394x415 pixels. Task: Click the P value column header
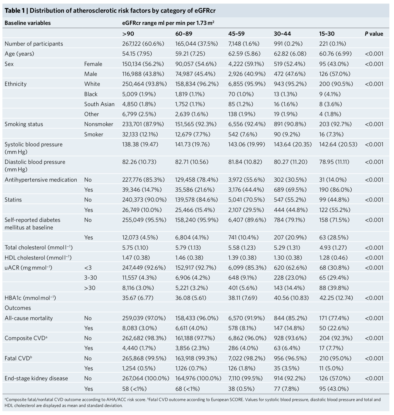(374, 34)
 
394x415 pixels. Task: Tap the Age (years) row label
(19, 54)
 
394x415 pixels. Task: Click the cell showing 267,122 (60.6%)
(143, 44)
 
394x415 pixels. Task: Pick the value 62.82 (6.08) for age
(290, 54)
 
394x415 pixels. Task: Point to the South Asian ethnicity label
(99, 104)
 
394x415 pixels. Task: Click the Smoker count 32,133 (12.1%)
(140, 134)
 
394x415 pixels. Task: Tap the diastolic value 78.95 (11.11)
(334, 162)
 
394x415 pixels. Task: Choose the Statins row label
(13, 200)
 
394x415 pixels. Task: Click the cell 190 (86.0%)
(335, 190)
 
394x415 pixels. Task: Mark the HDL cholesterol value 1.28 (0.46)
(333, 258)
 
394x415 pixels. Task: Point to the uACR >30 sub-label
(90, 288)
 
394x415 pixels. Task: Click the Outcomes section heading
(18, 308)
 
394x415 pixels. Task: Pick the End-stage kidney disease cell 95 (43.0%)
(334, 389)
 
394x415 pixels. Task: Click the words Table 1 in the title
(16, 11)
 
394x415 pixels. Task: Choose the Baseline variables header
(28, 23)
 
